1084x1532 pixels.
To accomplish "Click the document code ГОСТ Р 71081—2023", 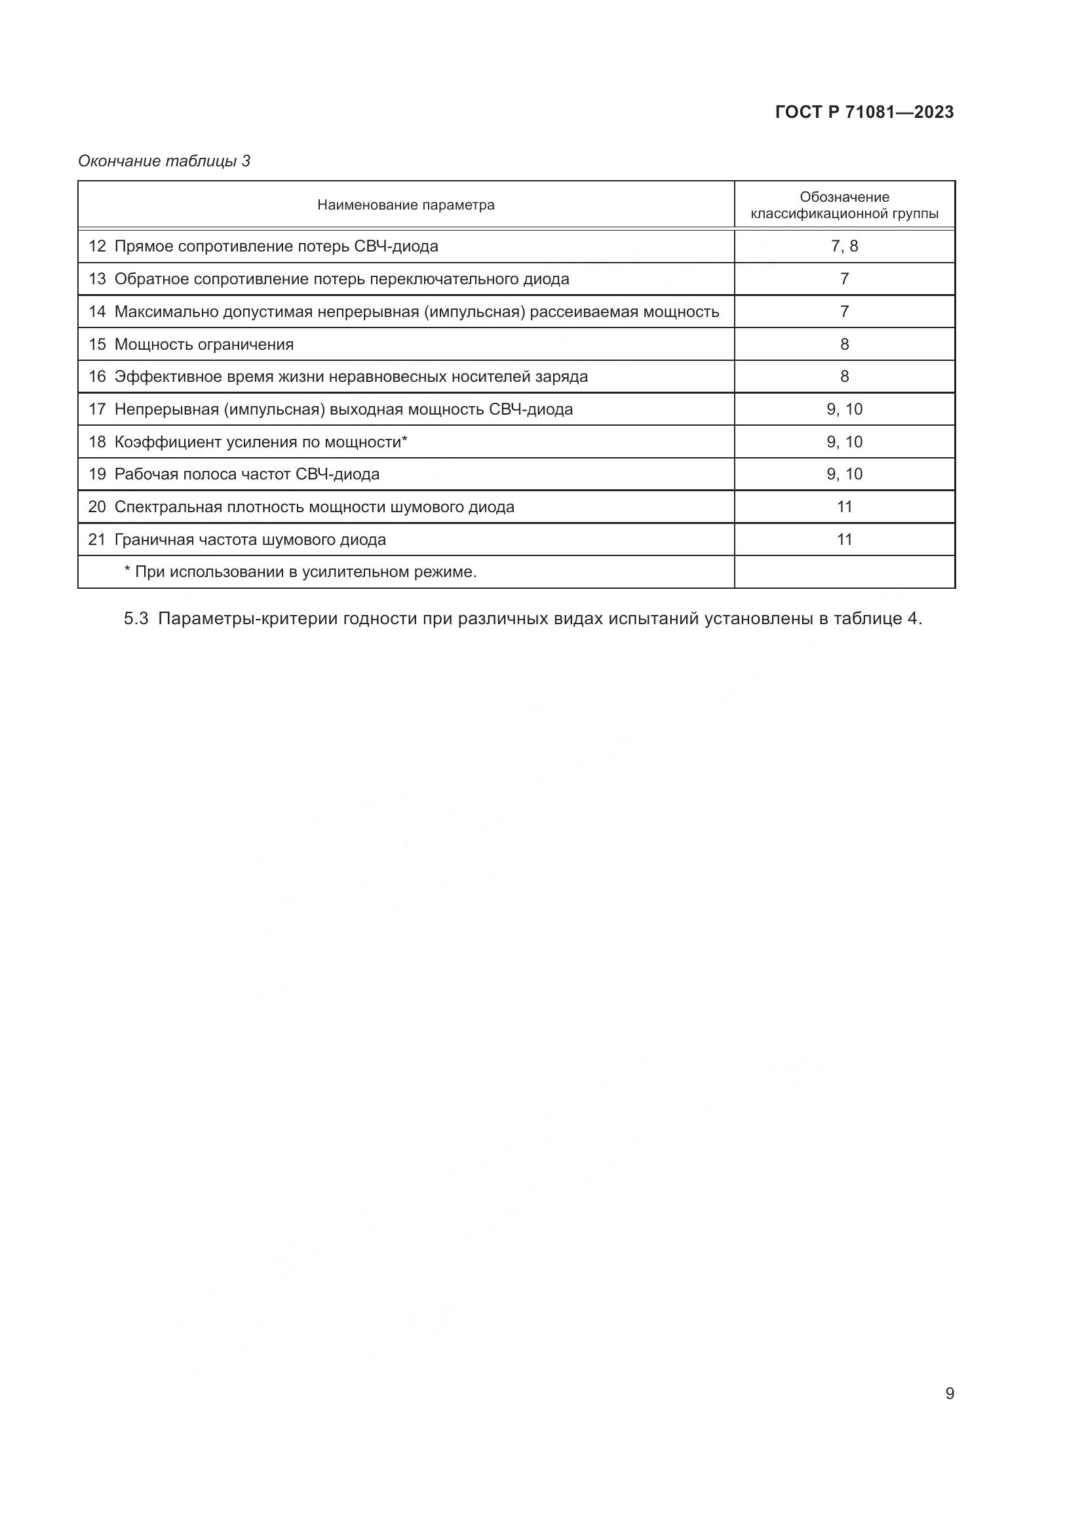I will [x=864, y=112].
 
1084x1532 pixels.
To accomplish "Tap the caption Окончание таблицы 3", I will [x=165, y=161].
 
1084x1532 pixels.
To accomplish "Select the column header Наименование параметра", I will [x=406, y=205].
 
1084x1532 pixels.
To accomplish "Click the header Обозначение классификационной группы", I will [x=844, y=205].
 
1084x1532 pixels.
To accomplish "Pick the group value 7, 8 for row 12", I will [x=844, y=246].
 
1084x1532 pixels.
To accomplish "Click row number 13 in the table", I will [x=98, y=279].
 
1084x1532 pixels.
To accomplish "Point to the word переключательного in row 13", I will [x=443, y=279].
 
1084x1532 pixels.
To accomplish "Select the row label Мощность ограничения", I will [x=204, y=345].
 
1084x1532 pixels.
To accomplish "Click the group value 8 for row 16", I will [x=844, y=377].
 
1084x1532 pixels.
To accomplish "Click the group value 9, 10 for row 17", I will [x=844, y=409].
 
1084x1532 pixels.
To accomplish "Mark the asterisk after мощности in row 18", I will [x=404, y=439].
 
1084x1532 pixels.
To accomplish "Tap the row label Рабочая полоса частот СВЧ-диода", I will [x=247, y=474].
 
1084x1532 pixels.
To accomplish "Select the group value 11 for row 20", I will [x=844, y=506].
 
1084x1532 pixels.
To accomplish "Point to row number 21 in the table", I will [x=98, y=539].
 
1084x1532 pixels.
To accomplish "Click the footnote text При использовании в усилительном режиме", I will [x=305, y=572].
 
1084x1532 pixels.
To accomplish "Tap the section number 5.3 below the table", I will [x=136, y=618].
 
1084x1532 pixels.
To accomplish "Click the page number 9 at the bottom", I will [x=949, y=1393].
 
